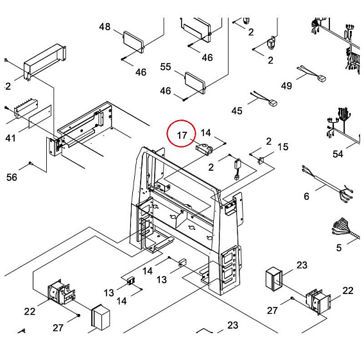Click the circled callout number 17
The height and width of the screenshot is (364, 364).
point(182,135)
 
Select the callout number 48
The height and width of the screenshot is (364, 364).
point(105,27)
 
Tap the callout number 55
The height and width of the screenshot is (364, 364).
point(166,67)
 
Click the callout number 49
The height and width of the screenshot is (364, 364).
point(286,86)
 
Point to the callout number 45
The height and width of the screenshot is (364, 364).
point(237,110)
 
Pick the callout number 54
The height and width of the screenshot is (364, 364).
point(338,154)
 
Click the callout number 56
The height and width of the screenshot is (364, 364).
point(12,177)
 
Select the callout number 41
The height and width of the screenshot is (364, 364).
point(10,138)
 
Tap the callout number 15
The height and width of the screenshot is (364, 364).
point(282,147)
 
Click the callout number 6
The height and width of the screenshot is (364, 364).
point(306,196)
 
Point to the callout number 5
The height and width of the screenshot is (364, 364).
point(339,248)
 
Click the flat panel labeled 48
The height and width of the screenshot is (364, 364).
point(134,42)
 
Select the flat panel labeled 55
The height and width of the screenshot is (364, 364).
point(195,83)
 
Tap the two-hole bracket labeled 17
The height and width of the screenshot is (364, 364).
point(204,150)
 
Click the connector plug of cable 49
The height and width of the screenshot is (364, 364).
point(322,79)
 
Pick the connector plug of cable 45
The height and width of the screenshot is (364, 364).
point(273,103)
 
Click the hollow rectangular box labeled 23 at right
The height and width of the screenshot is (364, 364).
point(273,279)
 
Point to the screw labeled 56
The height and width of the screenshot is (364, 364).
point(30,164)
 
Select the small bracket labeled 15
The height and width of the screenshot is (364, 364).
point(261,160)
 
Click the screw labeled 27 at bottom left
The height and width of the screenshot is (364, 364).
point(79,315)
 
